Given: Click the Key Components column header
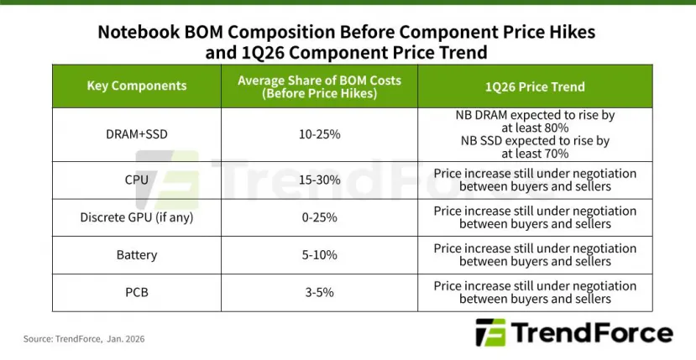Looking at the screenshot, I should click(137, 86).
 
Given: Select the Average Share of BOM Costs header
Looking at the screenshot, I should click(319, 86).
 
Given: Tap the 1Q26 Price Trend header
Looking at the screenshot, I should click(535, 86).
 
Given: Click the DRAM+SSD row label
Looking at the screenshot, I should click(137, 134).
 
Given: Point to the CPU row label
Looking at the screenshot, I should click(137, 180).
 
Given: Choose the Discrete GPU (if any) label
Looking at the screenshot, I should click(137, 217).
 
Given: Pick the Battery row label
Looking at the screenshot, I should click(137, 254).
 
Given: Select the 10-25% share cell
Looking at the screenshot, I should click(319, 134).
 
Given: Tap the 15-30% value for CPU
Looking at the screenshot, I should click(319, 180).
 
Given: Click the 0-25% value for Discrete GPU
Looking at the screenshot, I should click(319, 217).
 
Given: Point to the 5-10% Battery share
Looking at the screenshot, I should click(319, 254).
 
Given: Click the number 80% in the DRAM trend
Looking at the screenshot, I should click(556, 128).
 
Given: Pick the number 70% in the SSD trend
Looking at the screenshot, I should click(556, 154).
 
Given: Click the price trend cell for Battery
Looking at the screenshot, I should click(535, 254).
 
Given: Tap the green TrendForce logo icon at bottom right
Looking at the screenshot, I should click(490, 332).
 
